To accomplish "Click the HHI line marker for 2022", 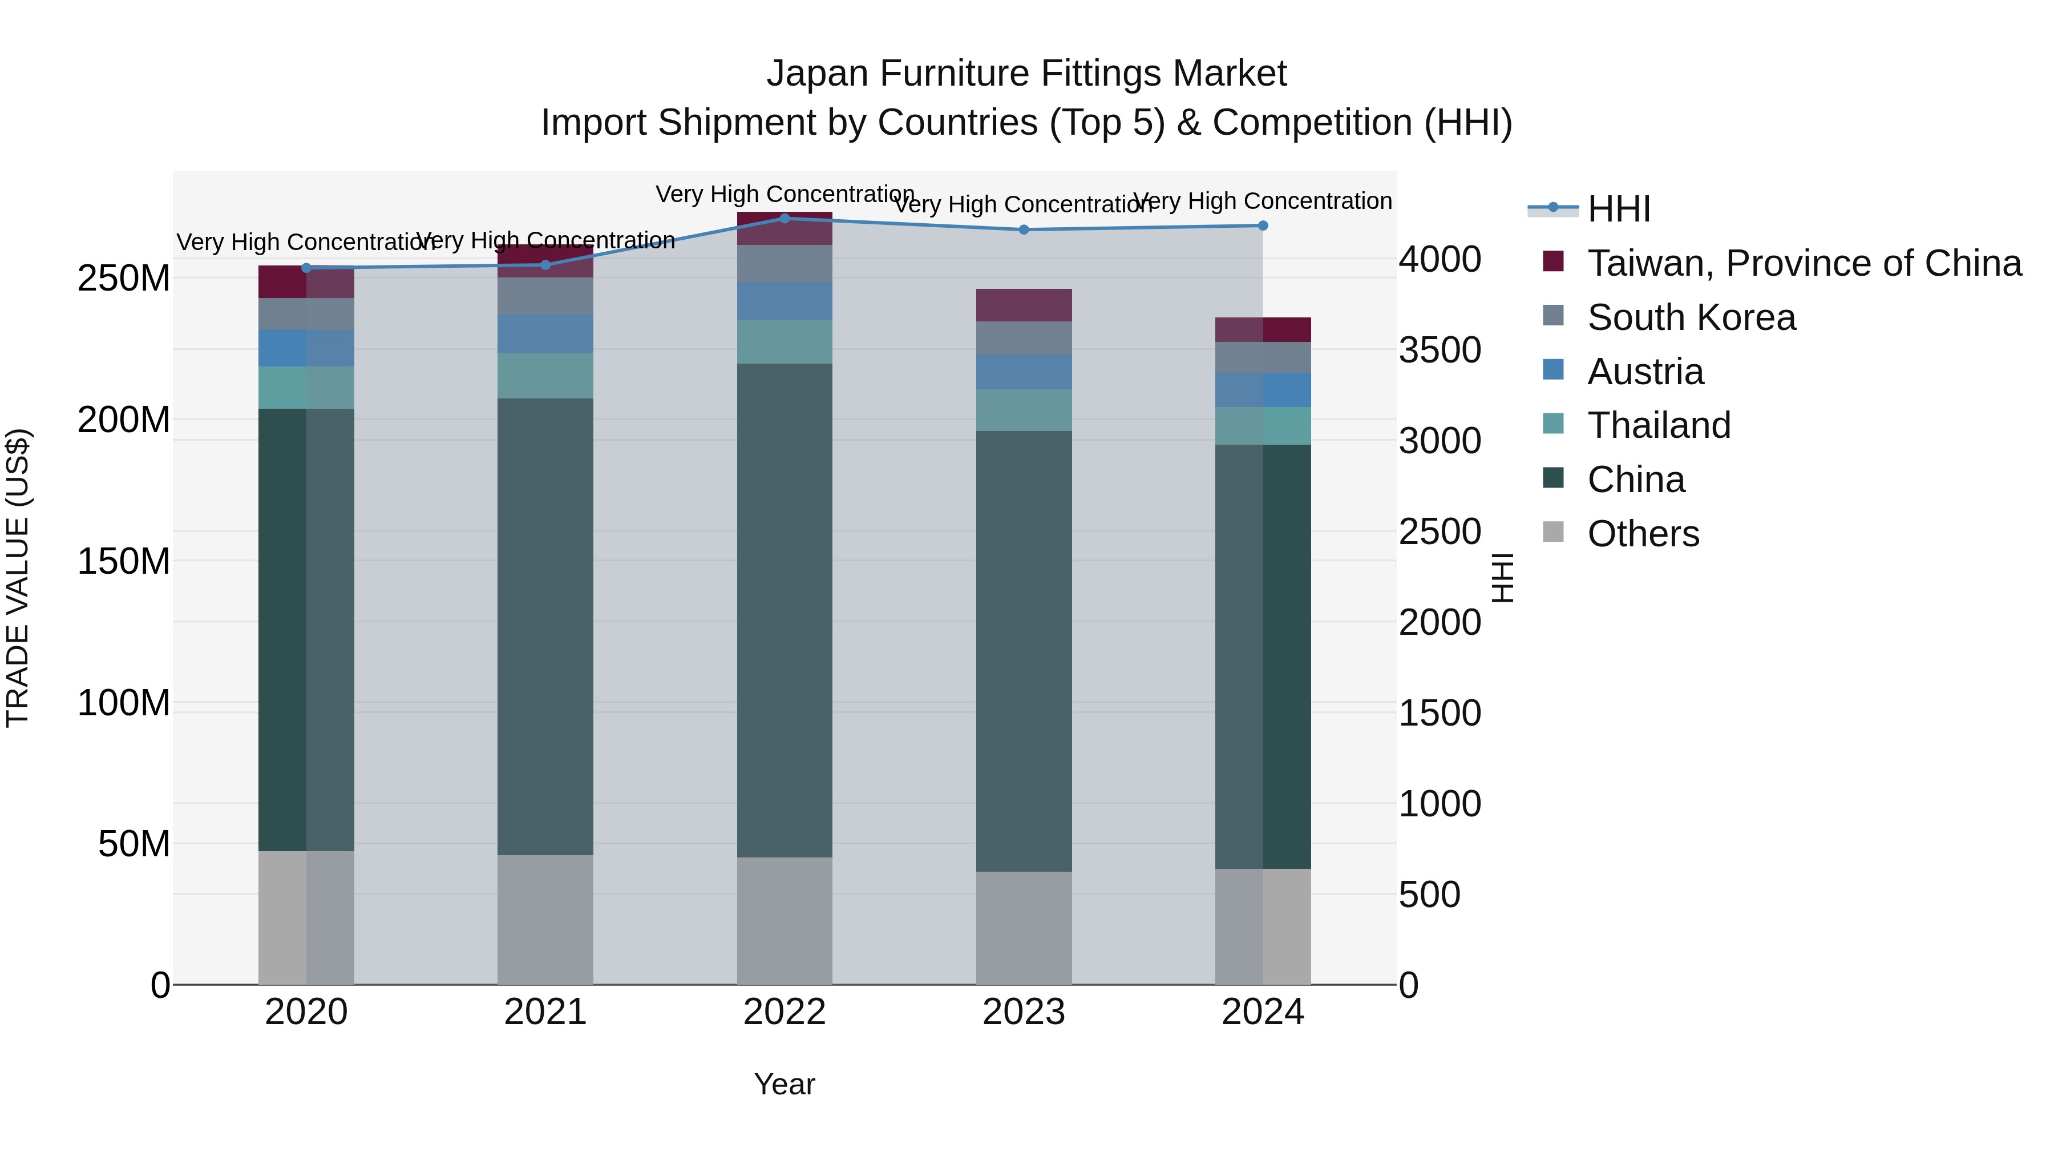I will tap(785, 219).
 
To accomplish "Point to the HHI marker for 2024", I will tap(1263, 225).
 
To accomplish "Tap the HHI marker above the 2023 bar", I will tap(1024, 229).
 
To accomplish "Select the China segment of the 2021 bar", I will tap(545, 626).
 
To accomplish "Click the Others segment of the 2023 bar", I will tap(1024, 928).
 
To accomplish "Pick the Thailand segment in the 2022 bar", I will tap(785, 341).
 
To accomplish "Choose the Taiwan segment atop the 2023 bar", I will tap(1024, 305).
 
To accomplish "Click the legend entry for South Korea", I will tap(1691, 317).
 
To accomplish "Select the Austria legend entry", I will tap(1645, 372).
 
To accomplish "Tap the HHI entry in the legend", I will tap(1618, 209).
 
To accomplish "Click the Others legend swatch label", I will tap(1643, 534).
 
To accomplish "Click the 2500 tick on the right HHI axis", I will tap(1440, 531).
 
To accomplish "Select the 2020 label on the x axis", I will tap(306, 1012).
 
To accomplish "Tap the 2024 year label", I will tap(1263, 1012).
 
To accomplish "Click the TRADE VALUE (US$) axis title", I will tap(18, 578).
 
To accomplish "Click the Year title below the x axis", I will tap(785, 1084).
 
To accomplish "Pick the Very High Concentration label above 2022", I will tap(785, 194).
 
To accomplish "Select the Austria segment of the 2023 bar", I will tap(1024, 372).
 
